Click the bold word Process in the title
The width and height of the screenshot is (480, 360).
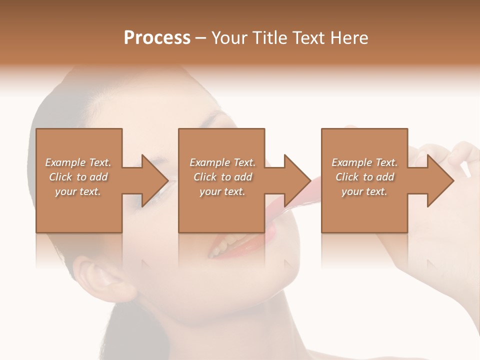click(x=157, y=38)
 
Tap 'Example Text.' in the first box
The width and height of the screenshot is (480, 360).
click(x=78, y=162)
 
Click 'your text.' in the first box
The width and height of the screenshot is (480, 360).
click(x=78, y=191)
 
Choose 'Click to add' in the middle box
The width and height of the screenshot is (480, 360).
click(x=222, y=177)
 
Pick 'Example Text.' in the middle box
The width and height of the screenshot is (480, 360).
click(x=222, y=162)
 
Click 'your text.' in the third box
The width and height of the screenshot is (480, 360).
click(x=364, y=191)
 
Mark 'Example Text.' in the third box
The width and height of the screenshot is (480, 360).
click(x=364, y=162)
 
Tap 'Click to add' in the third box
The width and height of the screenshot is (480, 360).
click(x=364, y=177)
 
